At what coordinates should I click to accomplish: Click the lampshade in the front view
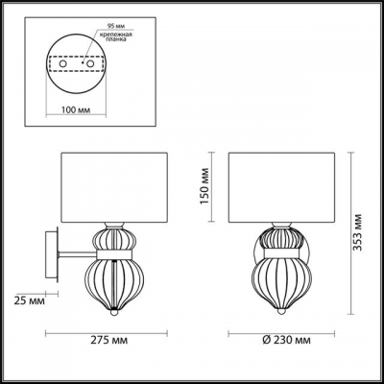282,186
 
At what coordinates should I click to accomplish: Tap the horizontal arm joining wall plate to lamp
75,253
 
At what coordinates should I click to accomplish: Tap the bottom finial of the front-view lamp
282,310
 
